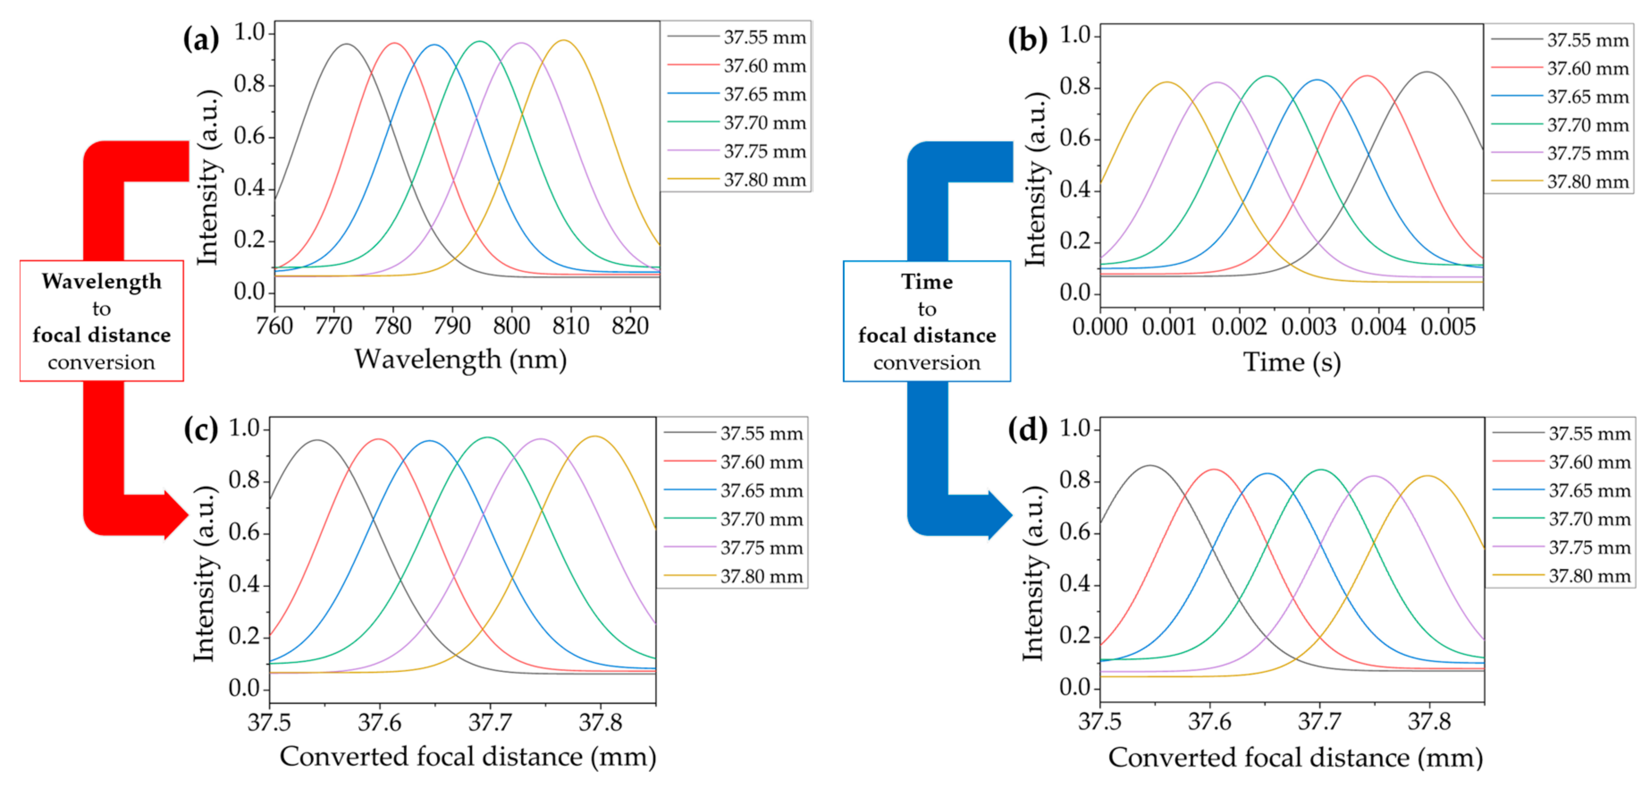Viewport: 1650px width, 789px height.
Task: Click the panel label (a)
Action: click(x=201, y=40)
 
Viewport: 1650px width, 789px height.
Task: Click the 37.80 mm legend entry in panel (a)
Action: click(x=765, y=180)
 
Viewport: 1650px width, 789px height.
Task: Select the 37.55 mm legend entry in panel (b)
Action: click(x=1587, y=40)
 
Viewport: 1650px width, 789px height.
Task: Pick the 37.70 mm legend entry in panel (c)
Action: click(x=761, y=519)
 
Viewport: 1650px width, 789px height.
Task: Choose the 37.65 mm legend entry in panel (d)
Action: click(x=1589, y=491)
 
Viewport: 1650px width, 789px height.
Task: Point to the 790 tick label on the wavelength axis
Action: click(x=452, y=326)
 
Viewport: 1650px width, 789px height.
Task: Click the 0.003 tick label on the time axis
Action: click(x=1309, y=327)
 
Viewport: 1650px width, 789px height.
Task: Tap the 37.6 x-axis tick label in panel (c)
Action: click(x=380, y=722)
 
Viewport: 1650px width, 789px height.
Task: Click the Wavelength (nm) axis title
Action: click(x=460, y=360)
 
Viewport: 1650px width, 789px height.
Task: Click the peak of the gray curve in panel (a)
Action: click(x=346, y=44)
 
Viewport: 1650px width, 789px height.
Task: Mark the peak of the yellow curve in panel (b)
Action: click(x=1168, y=82)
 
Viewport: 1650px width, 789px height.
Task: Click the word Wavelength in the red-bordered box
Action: click(x=102, y=281)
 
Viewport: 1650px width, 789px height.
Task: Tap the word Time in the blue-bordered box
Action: click(x=927, y=282)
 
